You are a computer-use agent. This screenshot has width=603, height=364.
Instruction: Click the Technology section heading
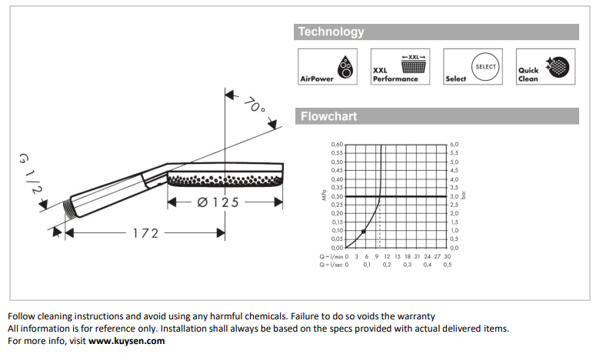331,32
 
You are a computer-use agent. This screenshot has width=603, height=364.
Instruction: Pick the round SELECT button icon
485,67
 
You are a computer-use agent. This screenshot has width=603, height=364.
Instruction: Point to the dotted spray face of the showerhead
226,182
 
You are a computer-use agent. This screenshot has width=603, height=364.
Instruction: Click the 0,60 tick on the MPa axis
338,145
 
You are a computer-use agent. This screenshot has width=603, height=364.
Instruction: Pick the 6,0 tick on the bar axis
454,145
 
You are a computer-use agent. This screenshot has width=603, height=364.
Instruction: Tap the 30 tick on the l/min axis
447,255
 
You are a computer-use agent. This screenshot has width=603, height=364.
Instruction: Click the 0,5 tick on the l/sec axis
447,264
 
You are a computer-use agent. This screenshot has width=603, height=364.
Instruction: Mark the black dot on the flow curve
363,232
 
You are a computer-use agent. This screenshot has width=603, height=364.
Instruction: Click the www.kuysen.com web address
126,340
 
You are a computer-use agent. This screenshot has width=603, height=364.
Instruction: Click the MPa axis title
324,196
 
